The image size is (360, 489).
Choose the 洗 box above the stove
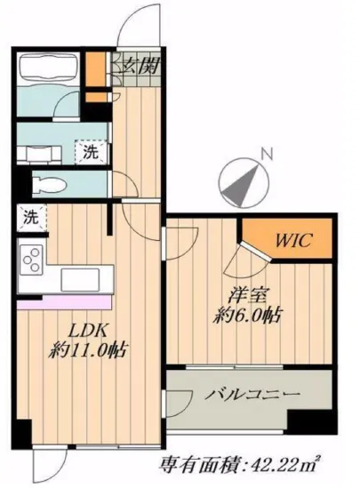point(29,216)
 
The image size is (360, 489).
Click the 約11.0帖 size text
point(87,349)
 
